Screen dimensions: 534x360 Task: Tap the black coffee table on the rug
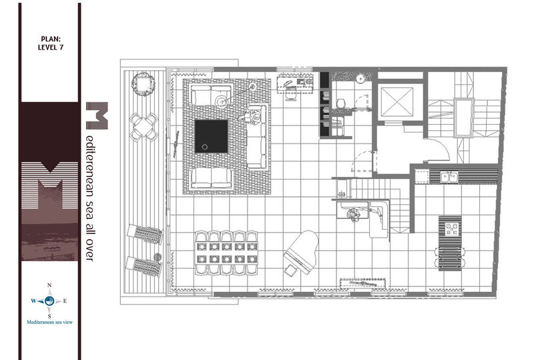point(211,136)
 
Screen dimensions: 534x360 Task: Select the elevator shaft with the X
point(396,102)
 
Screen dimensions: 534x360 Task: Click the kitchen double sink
point(449,177)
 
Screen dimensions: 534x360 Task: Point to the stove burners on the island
point(450,229)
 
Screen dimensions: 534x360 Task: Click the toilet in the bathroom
point(341,103)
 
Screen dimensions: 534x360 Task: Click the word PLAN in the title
point(51,39)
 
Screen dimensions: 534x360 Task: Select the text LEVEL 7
point(51,47)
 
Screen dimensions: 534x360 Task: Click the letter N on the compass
point(49,285)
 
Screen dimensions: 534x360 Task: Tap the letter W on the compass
point(34,301)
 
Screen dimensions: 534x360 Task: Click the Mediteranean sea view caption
point(49,322)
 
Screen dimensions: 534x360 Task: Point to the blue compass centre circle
point(49,301)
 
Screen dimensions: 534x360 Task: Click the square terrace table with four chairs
point(144,127)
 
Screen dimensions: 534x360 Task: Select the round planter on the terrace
point(144,83)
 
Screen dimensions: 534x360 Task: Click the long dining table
point(226,252)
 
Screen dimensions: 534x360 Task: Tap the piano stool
point(290,270)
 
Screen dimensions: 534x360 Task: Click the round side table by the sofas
point(221,101)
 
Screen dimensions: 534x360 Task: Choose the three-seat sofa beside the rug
point(256,137)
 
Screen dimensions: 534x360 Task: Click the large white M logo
point(49,185)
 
